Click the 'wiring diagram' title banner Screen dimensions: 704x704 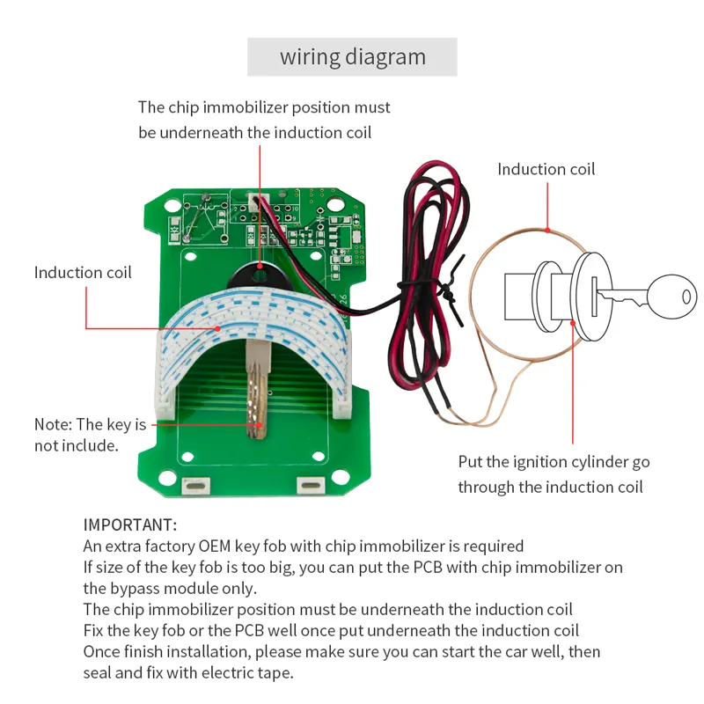(x=352, y=57)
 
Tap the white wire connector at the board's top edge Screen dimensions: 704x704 (x=253, y=204)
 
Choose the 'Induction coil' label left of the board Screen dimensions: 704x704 (x=83, y=272)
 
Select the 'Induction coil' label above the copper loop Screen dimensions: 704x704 (x=546, y=169)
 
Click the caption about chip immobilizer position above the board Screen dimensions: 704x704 (x=264, y=120)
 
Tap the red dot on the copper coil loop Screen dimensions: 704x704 (x=547, y=231)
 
